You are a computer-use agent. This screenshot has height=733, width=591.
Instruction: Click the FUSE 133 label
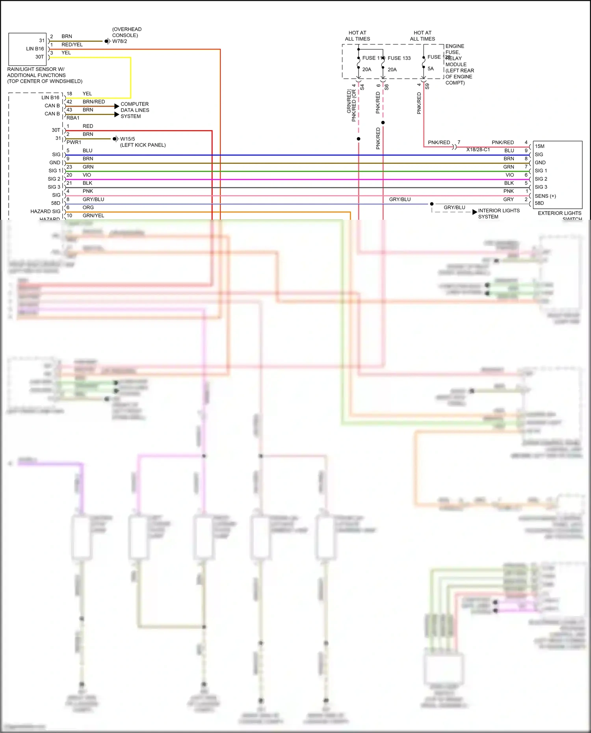coord(399,58)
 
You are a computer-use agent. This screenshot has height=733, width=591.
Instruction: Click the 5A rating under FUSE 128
coord(431,69)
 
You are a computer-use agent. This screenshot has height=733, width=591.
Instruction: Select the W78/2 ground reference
coord(120,41)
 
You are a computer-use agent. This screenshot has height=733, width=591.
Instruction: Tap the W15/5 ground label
coord(127,139)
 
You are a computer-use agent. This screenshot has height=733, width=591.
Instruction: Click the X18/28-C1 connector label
coord(478,150)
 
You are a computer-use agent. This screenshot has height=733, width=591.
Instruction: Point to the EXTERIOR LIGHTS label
coord(559,213)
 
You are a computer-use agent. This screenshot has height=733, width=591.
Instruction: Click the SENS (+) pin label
coord(545,196)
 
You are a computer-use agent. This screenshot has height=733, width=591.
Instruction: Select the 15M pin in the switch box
coord(539,146)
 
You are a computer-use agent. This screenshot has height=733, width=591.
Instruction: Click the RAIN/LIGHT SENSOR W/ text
coord(36,69)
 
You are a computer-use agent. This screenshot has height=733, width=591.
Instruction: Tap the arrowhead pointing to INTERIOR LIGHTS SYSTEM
coord(474,212)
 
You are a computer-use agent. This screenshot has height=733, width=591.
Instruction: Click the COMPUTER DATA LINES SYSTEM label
coord(135,110)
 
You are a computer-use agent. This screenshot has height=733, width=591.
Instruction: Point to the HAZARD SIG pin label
coord(45,212)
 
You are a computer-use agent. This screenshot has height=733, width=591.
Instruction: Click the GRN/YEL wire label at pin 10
coord(93,216)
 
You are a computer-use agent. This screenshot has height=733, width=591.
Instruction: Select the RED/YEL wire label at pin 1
coord(72,45)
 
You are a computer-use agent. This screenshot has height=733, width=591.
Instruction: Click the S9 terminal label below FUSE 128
coord(427,86)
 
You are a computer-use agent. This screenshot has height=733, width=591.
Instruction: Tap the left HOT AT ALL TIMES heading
coord(357,36)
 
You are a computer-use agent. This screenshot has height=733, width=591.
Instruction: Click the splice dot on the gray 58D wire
coord(432,204)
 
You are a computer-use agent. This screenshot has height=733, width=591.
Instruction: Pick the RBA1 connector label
coord(73,118)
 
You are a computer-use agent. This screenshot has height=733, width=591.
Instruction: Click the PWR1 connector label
coord(74,143)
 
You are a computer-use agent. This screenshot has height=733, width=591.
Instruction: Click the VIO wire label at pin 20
coord(87,175)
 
